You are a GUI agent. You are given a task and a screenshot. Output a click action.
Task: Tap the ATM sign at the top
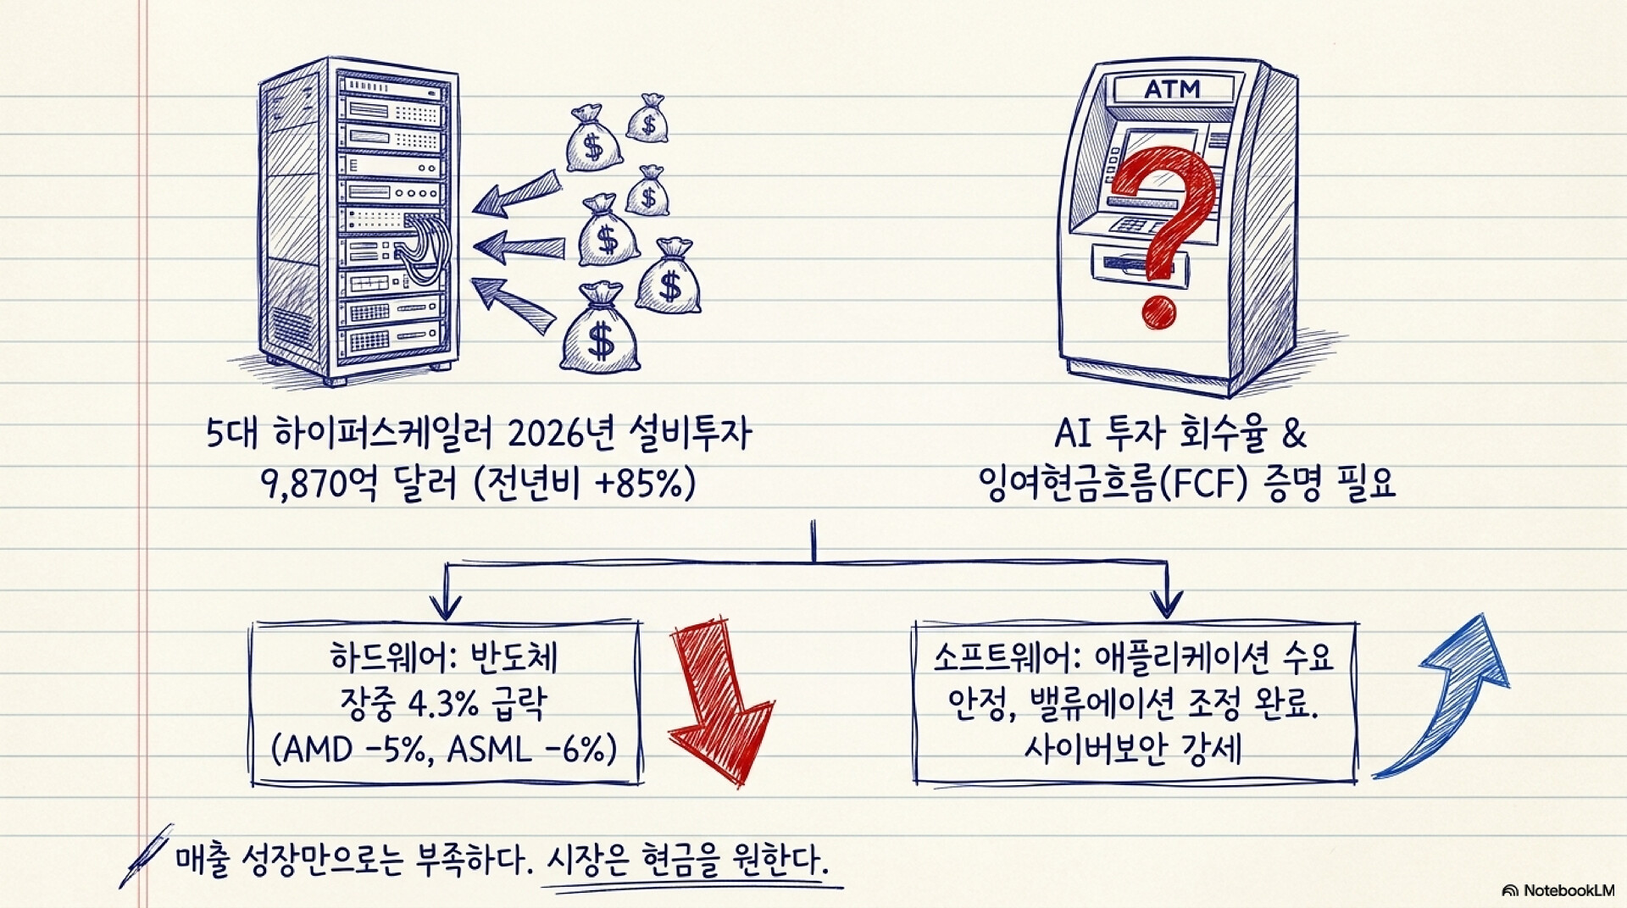(1172, 89)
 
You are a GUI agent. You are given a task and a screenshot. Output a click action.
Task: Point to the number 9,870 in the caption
(303, 485)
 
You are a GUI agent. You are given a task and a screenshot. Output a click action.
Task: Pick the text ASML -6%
(525, 749)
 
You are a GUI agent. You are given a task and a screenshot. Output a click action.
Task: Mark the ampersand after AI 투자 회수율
(1294, 434)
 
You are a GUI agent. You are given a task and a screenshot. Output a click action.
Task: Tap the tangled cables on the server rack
(419, 246)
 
